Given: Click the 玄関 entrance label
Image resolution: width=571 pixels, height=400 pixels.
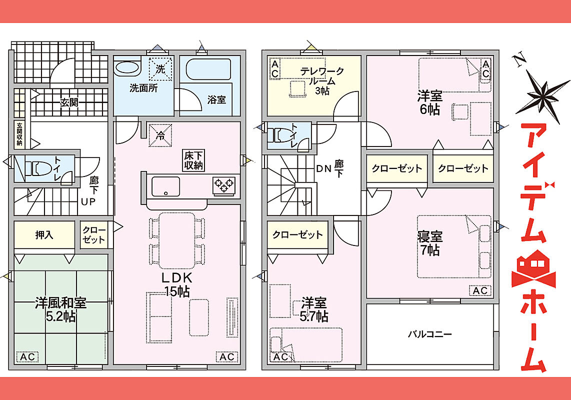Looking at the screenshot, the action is pyautogui.click(x=69, y=102).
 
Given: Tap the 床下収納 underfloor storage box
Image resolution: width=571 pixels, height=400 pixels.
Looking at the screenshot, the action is pyautogui.click(x=193, y=160).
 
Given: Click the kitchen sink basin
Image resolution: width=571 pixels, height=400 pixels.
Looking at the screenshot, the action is pyautogui.click(x=165, y=186).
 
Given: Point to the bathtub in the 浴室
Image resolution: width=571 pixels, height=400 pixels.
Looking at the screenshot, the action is pyautogui.click(x=208, y=69).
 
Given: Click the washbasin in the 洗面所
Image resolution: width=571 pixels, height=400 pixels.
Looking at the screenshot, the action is pyautogui.click(x=126, y=68).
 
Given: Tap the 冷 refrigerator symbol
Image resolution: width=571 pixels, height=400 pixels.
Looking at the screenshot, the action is pyautogui.click(x=160, y=135).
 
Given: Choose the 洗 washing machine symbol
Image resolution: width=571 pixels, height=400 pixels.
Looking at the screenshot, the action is pyautogui.click(x=160, y=69).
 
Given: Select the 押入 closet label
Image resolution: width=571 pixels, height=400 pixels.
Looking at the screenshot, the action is pyautogui.click(x=44, y=235).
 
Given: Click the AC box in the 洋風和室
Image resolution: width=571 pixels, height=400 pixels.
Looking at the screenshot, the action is pyautogui.click(x=27, y=357).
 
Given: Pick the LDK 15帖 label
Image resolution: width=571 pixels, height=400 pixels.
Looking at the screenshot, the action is pyautogui.click(x=177, y=284).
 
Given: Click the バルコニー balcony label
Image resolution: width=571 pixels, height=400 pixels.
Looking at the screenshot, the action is pyautogui.click(x=429, y=333).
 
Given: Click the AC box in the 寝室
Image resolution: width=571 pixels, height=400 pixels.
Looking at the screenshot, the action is pyautogui.click(x=480, y=290).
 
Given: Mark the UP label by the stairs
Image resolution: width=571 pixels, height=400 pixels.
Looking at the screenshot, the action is pyautogui.click(x=88, y=201).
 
